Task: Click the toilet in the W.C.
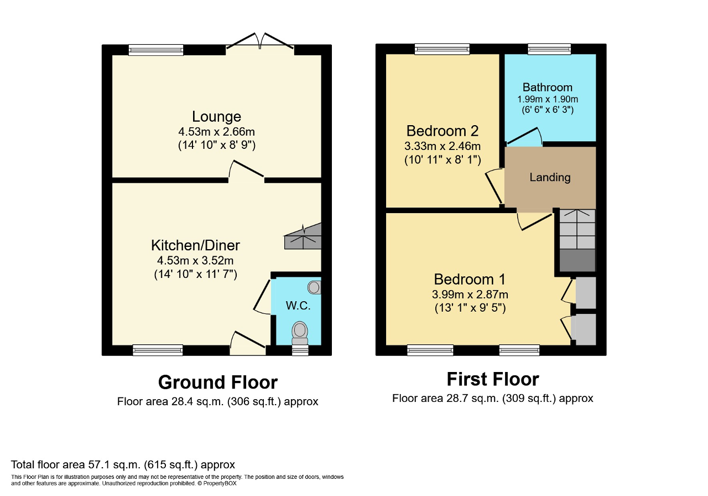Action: [300, 333]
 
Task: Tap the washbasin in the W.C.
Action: [314, 287]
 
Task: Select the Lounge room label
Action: [216, 116]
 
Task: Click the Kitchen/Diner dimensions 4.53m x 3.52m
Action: [195, 260]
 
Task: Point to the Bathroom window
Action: [550, 49]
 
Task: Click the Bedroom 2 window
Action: [442, 49]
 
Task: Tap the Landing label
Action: [550, 177]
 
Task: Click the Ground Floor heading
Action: [218, 382]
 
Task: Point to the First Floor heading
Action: [493, 379]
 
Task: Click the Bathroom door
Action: [524, 137]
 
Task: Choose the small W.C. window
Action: [300, 350]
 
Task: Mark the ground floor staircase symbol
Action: [303, 236]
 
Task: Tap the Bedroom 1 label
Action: [470, 280]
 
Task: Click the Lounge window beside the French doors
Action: [156, 50]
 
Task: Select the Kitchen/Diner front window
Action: [158, 350]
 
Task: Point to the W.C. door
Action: [262, 297]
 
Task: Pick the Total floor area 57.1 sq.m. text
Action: [123, 464]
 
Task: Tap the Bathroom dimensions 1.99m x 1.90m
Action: [548, 99]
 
